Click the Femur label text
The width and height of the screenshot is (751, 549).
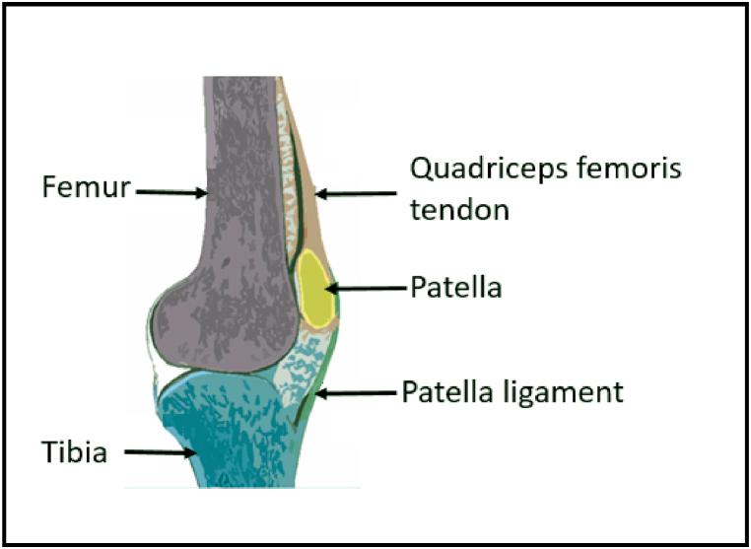(87, 187)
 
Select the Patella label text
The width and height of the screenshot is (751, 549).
(456, 288)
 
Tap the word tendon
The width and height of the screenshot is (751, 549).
(458, 210)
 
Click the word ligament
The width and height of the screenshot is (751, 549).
(569, 392)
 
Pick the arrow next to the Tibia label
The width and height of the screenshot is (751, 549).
(161, 453)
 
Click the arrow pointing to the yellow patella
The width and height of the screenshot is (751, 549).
(366, 289)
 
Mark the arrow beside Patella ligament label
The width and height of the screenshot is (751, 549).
(355, 393)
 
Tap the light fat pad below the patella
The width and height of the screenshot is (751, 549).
(301, 365)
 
